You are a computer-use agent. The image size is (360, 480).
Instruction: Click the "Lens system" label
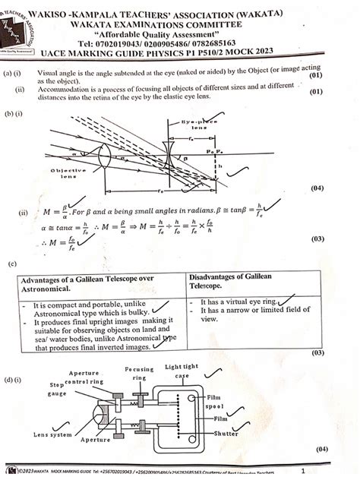click(52, 434)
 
